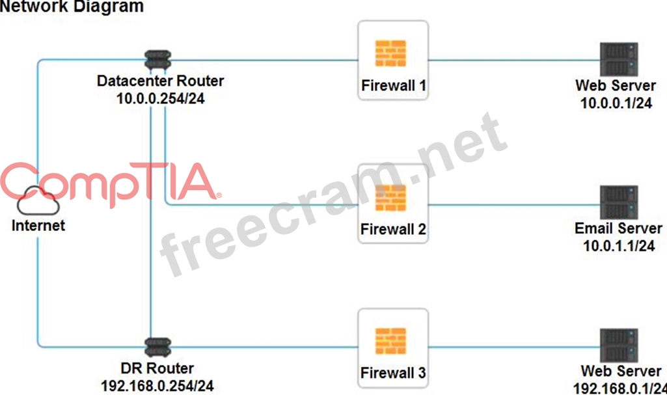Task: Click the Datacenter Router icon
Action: tap(157, 61)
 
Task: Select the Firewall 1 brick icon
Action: tap(391, 53)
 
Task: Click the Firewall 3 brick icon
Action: tap(391, 341)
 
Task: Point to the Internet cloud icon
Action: tap(38, 202)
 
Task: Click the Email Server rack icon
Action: tap(618, 202)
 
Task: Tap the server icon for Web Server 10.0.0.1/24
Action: tap(618, 59)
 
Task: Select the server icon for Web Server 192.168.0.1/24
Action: tap(618, 346)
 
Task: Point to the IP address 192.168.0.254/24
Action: tap(157, 385)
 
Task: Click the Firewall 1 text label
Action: tap(394, 85)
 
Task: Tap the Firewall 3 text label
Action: tap(394, 373)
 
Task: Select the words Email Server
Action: tap(618, 228)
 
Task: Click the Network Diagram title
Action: tap(72, 7)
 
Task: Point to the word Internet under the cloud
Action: tap(38, 226)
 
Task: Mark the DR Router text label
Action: tap(157, 368)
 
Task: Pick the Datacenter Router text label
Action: tap(160, 81)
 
